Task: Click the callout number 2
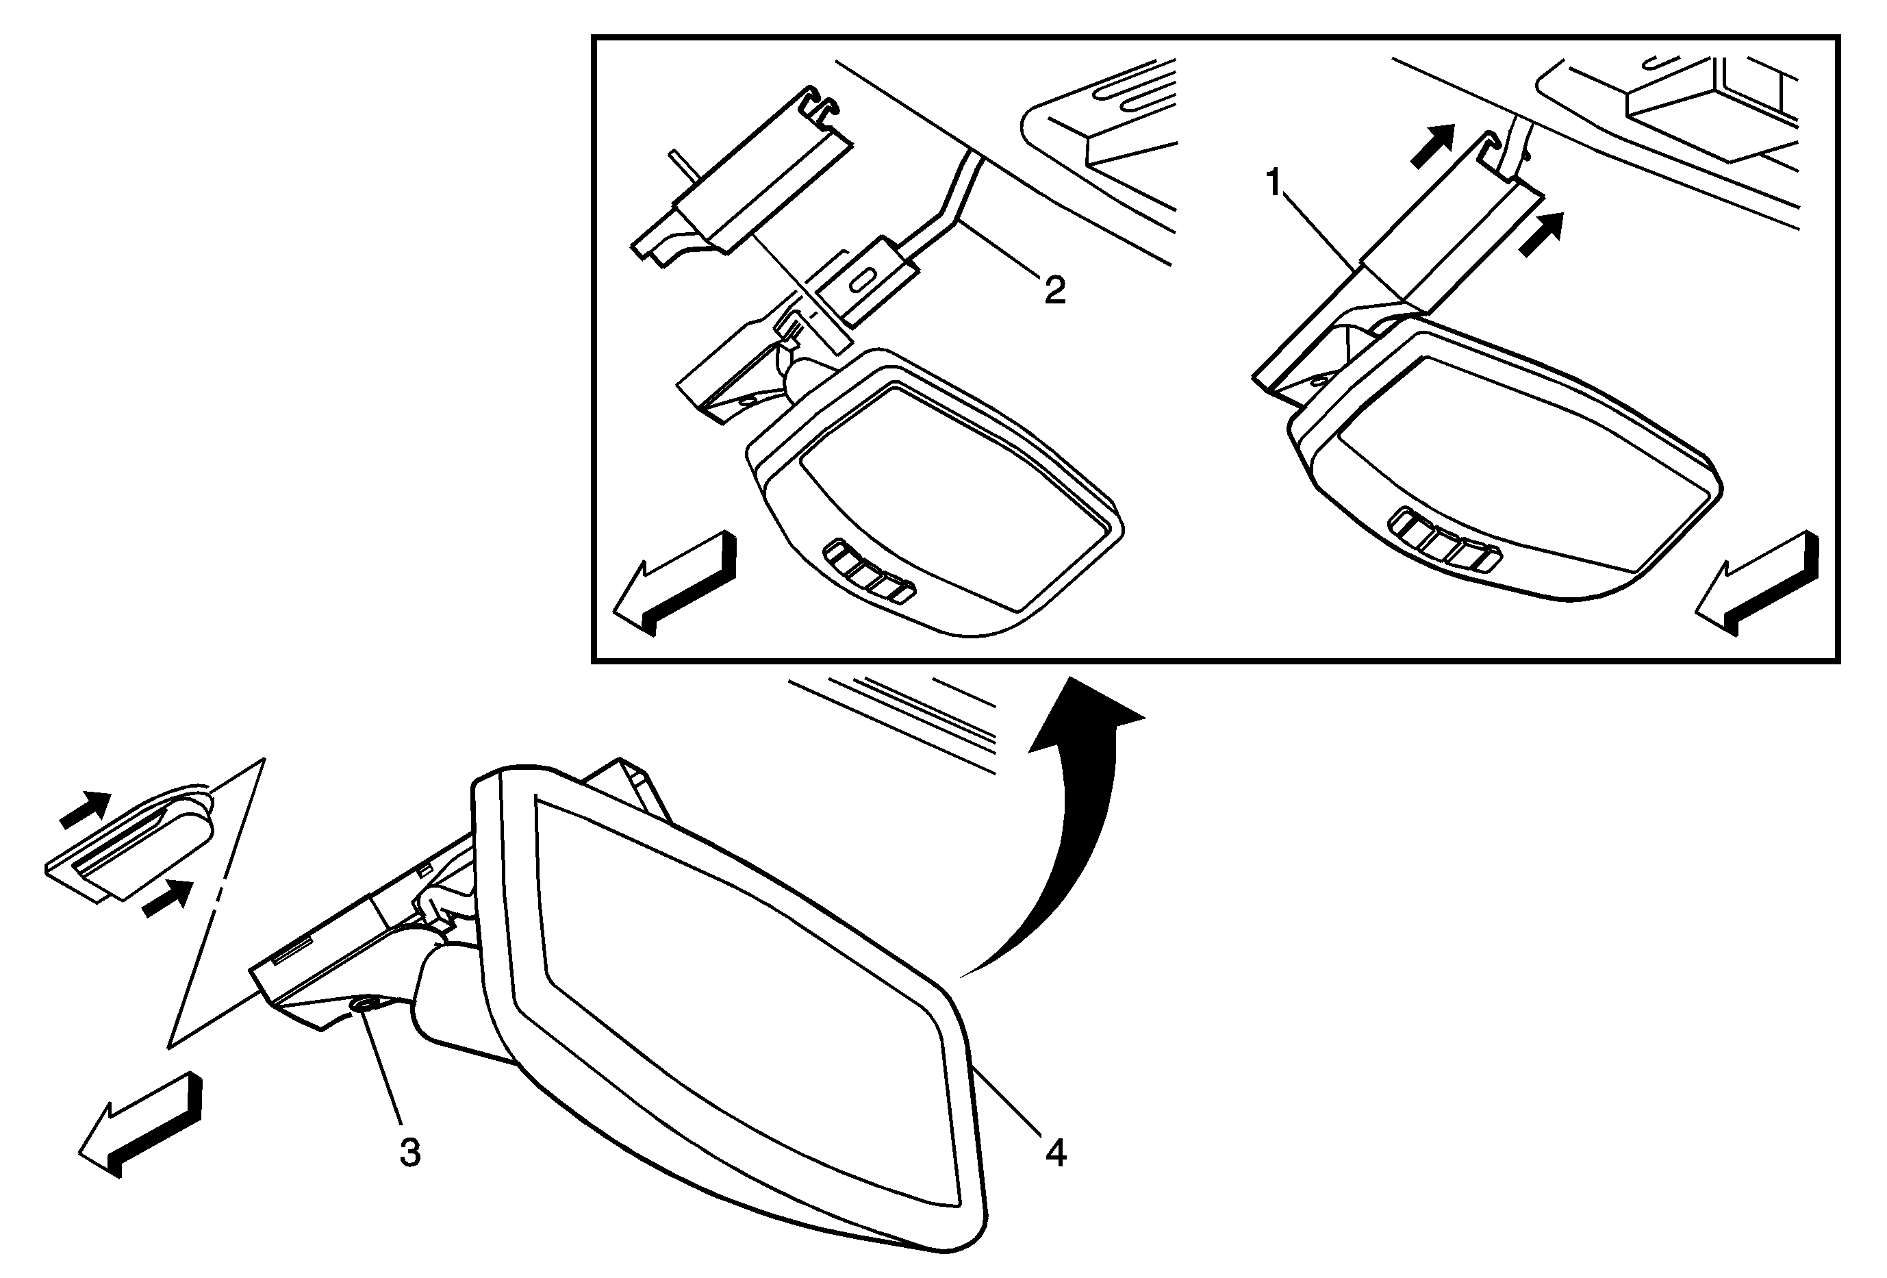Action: point(1054,290)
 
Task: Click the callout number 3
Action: point(410,1153)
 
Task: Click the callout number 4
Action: point(1056,1153)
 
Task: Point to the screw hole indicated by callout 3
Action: point(362,1006)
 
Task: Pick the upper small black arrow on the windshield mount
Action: point(86,810)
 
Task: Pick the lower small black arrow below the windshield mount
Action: point(168,899)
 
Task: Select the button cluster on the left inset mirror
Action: point(870,573)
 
